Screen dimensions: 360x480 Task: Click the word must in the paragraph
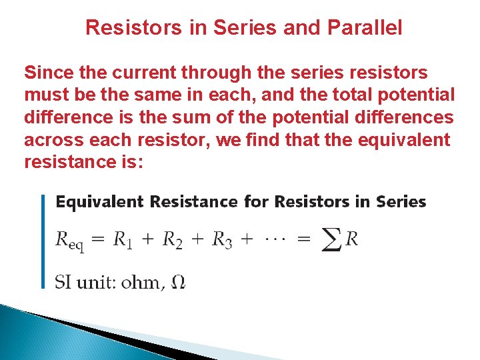pos(46,95)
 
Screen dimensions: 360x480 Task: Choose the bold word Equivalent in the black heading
pos(101,201)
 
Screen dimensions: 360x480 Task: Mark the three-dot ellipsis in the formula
pos(275,239)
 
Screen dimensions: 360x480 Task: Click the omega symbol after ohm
pos(178,283)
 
